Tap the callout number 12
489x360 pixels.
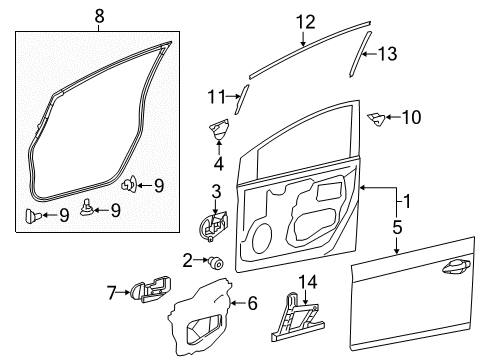304,21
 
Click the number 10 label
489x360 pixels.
411,118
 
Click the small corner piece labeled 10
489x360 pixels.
377,120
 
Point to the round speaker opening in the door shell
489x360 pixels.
263,239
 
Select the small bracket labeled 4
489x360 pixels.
219,130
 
